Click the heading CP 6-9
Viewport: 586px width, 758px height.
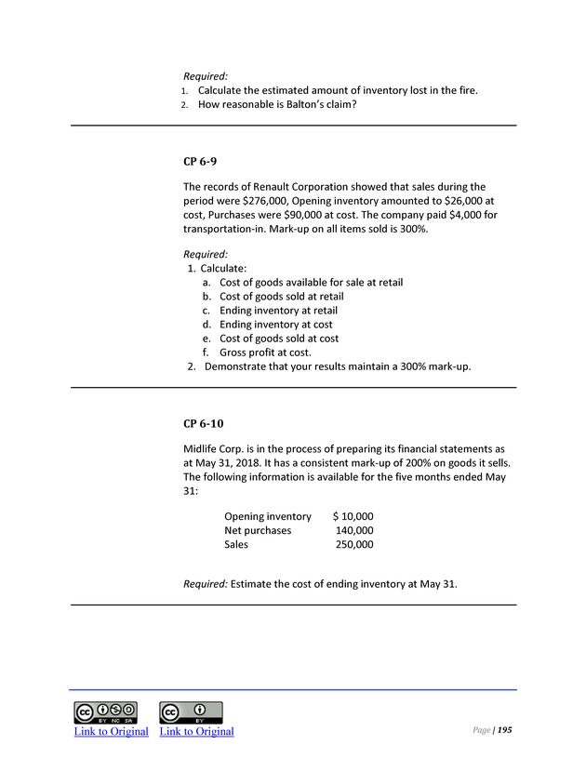click(201, 162)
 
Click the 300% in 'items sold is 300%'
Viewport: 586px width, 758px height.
click(406, 230)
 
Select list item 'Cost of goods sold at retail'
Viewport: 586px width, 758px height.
click(281, 297)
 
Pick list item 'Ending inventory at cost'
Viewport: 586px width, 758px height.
click(275, 325)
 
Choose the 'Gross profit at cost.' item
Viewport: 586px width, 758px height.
click(265, 352)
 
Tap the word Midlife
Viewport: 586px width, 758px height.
click(204, 448)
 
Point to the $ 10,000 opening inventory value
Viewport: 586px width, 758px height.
click(353, 516)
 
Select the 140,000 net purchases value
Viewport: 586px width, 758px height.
click(354, 530)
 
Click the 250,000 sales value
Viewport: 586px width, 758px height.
click(354, 544)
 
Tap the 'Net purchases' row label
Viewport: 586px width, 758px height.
click(258, 530)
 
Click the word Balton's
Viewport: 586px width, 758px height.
click(293, 104)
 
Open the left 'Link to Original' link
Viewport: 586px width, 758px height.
click(111, 731)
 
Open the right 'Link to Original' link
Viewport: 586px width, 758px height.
click(196, 731)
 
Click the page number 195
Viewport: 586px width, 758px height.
click(504, 730)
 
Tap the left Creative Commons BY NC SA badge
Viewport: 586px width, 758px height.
click(105, 712)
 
